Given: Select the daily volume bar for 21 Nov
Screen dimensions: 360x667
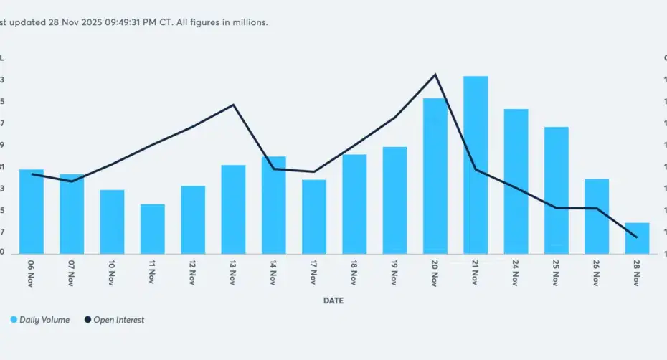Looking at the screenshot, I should pos(476,164).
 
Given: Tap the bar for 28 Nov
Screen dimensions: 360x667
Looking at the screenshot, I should pos(637,238).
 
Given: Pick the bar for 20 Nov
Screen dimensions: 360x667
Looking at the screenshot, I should pos(435,175).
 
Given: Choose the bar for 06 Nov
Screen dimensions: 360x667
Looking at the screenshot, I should pos(32,211).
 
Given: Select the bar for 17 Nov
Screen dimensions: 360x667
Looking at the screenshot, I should pos(314,216).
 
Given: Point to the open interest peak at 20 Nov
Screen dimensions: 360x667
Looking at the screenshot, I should pos(435,75).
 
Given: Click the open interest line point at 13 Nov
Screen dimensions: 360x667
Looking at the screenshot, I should pos(234,105).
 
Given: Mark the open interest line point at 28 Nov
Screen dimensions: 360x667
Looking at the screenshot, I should pos(637,237).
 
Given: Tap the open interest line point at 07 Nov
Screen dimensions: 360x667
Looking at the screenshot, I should pos(72,181).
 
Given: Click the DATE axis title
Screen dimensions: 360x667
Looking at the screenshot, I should pos(333,301).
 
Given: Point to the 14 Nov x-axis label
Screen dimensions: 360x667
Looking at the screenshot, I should pos(273,273).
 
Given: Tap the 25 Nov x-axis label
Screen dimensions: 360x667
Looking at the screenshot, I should pos(556,273).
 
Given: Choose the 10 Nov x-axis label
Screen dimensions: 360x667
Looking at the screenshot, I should pos(112,273).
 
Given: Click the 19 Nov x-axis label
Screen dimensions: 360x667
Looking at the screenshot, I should pos(394,273).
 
